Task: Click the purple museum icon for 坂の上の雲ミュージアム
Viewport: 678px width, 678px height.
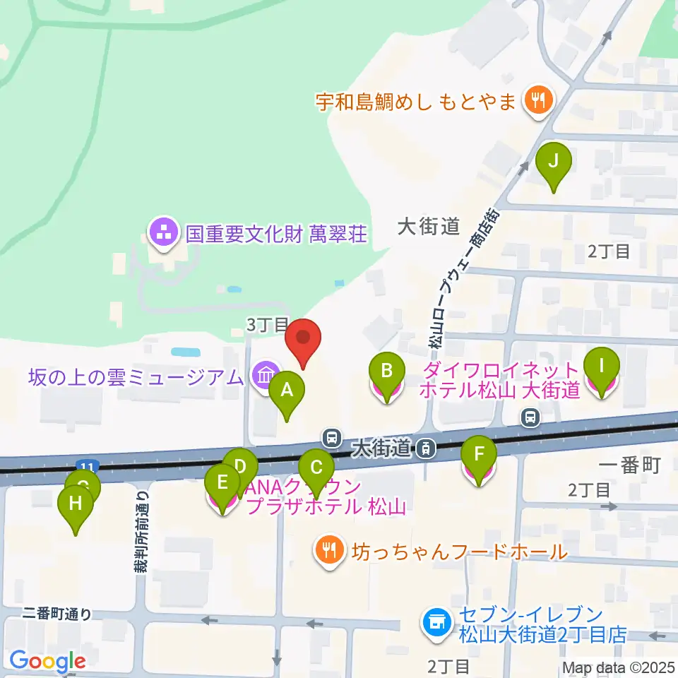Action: click(x=265, y=374)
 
